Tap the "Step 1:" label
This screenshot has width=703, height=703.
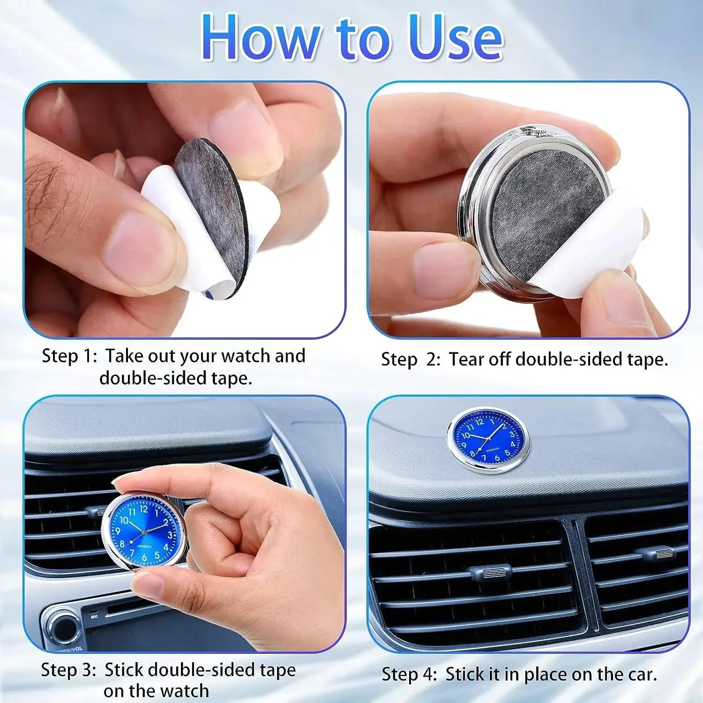coord(70,356)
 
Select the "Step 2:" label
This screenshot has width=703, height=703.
coord(411,360)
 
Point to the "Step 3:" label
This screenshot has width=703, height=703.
coord(69,670)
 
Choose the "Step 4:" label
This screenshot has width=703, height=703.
coord(409,675)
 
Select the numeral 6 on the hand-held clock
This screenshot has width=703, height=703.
coord(144,558)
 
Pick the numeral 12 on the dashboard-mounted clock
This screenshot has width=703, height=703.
coord(480,421)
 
